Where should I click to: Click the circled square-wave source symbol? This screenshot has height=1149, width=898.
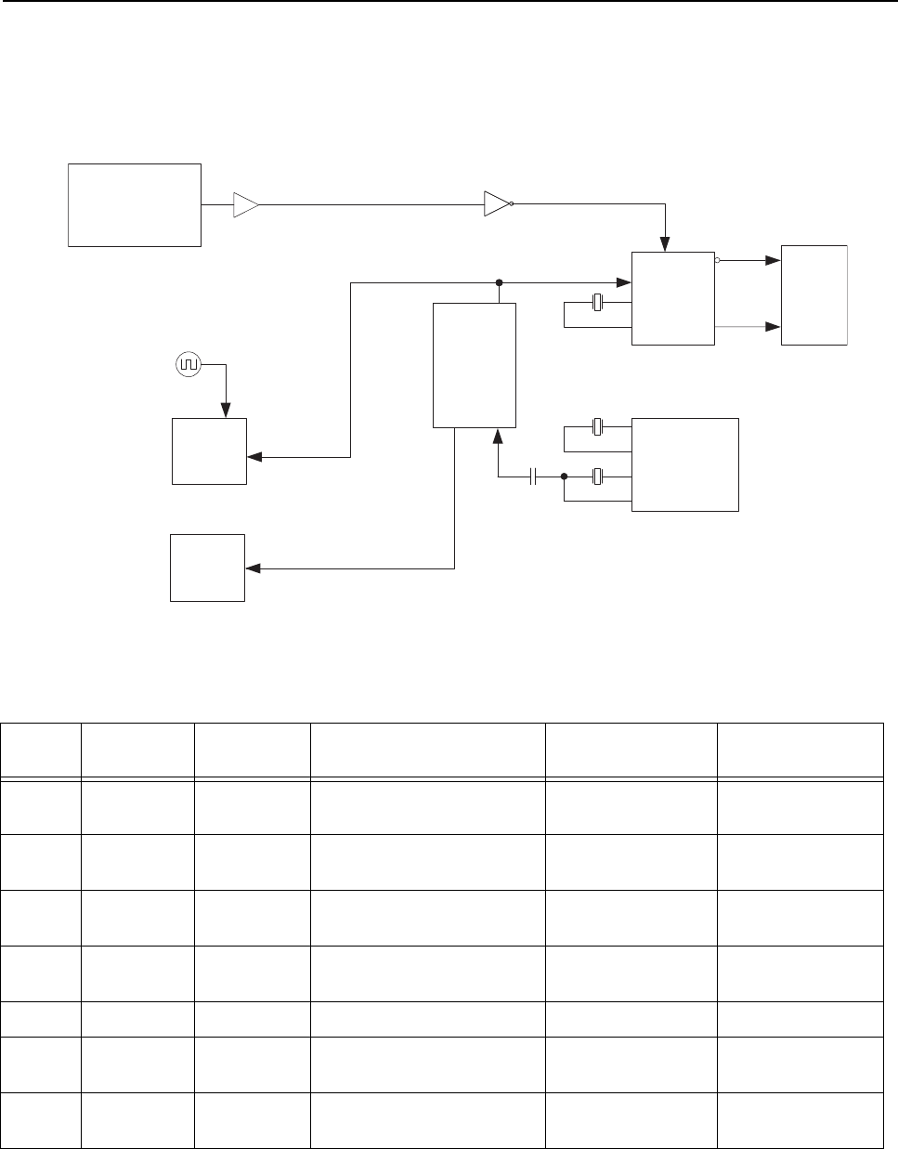[x=188, y=365]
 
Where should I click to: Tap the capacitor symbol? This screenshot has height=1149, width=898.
[x=533, y=477]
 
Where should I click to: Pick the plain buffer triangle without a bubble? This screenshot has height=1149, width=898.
[x=246, y=204]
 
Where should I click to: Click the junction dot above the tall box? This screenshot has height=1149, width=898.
[x=500, y=281]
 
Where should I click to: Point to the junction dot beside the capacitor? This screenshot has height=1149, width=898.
[x=564, y=477]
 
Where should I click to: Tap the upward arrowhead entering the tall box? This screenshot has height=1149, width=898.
[x=500, y=436]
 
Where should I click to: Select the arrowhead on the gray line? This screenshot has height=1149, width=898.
[x=772, y=327]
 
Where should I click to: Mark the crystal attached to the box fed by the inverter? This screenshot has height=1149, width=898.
[x=597, y=303]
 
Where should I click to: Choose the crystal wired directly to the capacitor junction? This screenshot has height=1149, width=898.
[x=597, y=477]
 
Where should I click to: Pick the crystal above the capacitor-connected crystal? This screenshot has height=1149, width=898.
[x=597, y=428]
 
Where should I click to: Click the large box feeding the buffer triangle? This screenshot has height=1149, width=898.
[x=135, y=205]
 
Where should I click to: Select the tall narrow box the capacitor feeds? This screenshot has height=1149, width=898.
[x=475, y=365]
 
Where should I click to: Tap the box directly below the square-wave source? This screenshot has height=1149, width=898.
[x=209, y=451]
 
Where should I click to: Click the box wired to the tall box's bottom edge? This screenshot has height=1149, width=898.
[x=207, y=568]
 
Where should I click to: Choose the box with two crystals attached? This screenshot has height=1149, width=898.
[x=684, y=464]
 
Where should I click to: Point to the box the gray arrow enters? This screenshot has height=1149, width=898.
[x=814, y=295]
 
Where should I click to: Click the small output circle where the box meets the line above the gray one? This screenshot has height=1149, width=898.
[x=718, y=261]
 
